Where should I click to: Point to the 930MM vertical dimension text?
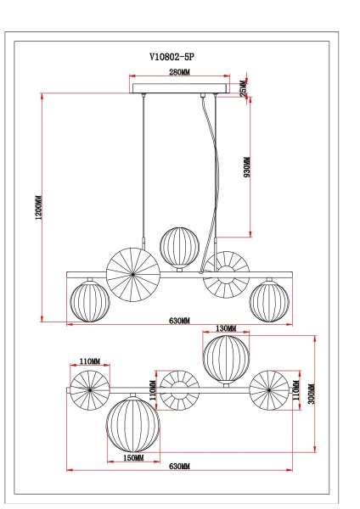[x=247, y=168]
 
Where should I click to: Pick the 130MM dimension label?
[x=226, y=328]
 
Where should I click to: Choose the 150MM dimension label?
[x=132, y=457]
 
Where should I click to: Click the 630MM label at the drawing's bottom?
[x=179, y=467]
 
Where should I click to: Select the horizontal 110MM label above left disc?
[x=90, y=362]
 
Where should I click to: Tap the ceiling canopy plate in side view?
[x=180, y=88]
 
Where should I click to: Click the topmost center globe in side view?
[x=179, y=246]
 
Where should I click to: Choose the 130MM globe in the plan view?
[x=226, y=359]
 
